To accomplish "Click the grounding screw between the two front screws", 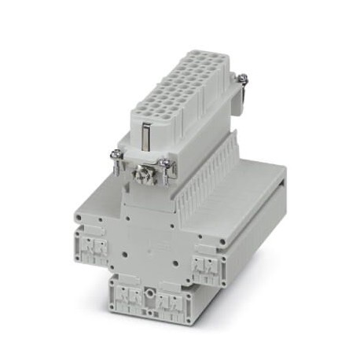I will (x=145, y=170).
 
